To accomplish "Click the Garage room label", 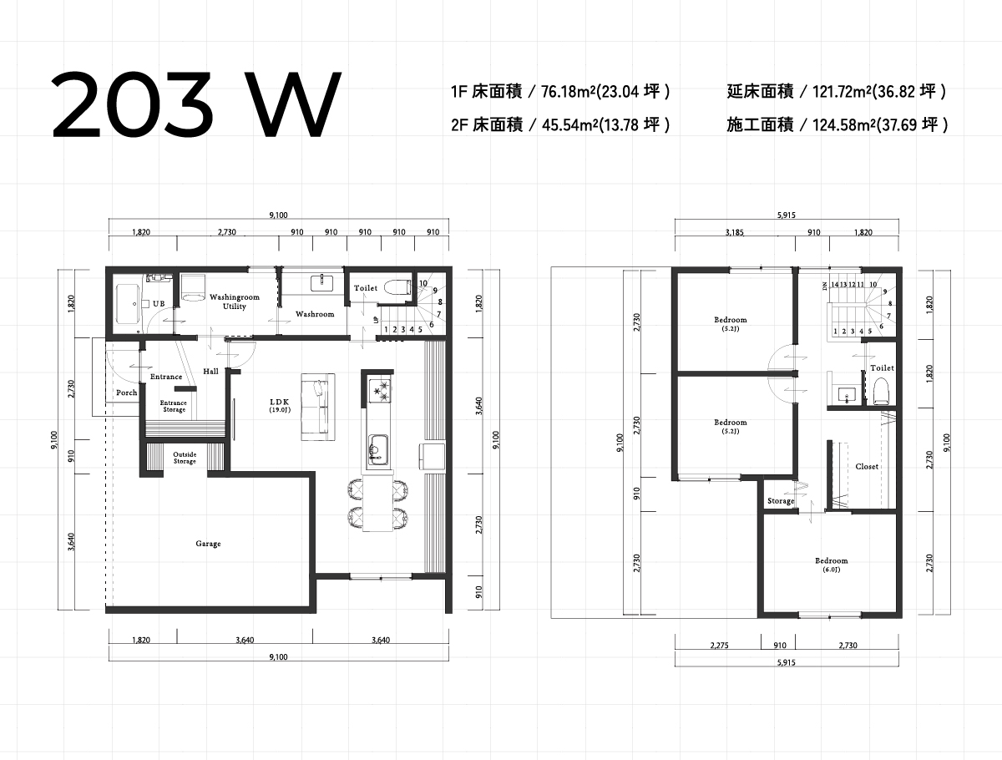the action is (x=208, y=543).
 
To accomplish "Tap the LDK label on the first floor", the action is (x=280, y=402).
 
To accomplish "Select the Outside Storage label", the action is (x=185, y=458).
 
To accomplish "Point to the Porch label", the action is (x=126, y=393).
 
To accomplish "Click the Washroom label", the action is (x=315, y=314).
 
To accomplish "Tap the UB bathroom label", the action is (x=159, y=303).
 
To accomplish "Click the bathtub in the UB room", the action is (x=129, y=303).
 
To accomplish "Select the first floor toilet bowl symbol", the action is (x=397, y=287).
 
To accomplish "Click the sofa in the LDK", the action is (x=318, y=408).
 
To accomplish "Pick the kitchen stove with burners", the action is (x=380, y=391).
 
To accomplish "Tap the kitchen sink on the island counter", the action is (x=378, y=449).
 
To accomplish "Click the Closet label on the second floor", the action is (x=867, y=467).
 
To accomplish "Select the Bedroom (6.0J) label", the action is (x=832, y=565).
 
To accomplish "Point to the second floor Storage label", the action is (x=781, y=501).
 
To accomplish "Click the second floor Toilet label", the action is (x=882, y=368).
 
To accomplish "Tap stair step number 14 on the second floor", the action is (x=835, y=284).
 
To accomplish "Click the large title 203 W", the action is (x=197, y=104).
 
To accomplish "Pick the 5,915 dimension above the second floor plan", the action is (x=786, y=215).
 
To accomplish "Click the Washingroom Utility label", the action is (x=234, y=301).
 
